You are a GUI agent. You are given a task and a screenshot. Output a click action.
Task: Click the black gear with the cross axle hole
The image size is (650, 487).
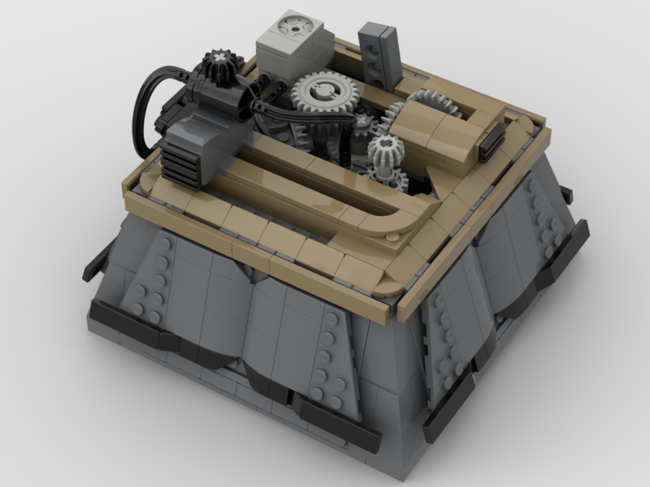point(219,62)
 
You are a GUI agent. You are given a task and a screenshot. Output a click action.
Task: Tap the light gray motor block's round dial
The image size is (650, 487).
point(289,28)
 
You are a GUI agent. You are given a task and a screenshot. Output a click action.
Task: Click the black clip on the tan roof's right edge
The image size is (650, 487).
point(491,144)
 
